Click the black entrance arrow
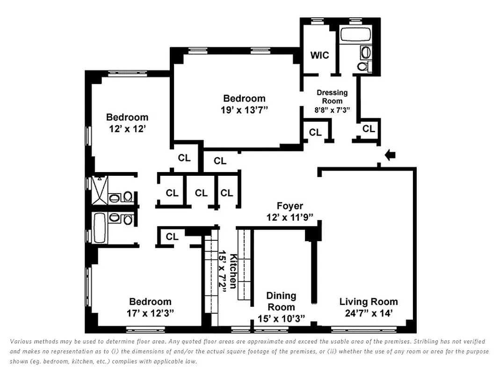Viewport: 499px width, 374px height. click(x=389, y=155)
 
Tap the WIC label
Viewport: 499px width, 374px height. click(x=320, y=55)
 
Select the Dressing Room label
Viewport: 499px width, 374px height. click(x=332, y=96)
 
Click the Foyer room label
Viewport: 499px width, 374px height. click(x=290, y=206)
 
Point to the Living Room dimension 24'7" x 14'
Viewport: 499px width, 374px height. click(x=369, y=314)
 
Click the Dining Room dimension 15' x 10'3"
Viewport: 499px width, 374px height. click(x=281, y=318)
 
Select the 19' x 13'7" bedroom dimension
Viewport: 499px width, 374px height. click(x=244, y=110)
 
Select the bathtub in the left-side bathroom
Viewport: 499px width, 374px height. click(x=100, y=227)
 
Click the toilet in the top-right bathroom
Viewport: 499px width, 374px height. click(x=363, y=67)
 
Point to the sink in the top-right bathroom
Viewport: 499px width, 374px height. click(x=366, y=52)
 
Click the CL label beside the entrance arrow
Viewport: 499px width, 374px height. click(x=369, y=129)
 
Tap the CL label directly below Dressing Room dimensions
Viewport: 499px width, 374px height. click(x=315, y=132)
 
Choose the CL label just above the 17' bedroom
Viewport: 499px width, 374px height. click(x=172, y=237)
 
